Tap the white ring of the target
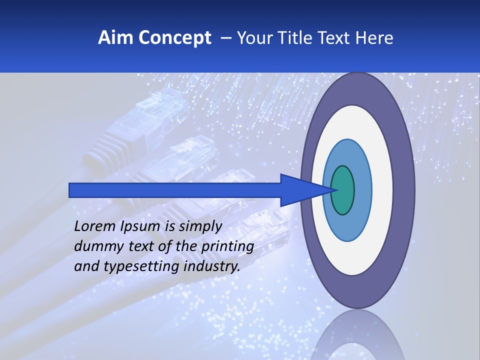click(382, 190)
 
